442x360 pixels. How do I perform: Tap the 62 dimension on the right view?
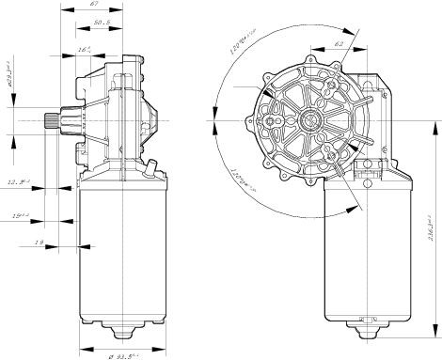339,43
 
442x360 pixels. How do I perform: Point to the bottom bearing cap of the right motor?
366,330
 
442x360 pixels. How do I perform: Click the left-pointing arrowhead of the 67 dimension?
62,13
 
